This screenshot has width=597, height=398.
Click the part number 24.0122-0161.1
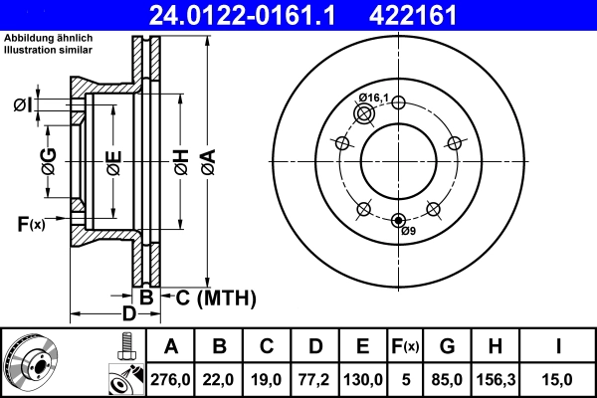pyautogui.click(x=256, y=14)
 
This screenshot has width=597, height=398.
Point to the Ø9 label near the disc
pyautogui.click(x=408, y=232)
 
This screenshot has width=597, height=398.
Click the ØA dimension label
pyautogui.click(x=207, y=163)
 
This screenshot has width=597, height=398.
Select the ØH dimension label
pyautogui.click(x=181, y=163)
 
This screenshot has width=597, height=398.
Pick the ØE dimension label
pyautogui.click(x=113, y=163)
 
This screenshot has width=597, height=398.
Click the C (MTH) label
pyautogui.click(x=216, y=298)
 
